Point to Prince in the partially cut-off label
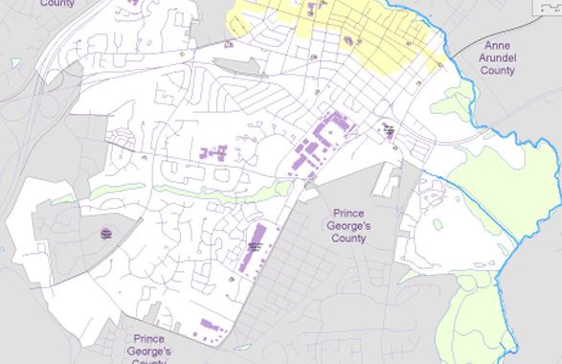tap(148, 339)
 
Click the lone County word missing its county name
tap(57, 4)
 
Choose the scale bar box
tap(549, 5)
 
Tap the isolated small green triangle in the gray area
tap(14, 63)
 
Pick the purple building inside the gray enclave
tap(106, 233)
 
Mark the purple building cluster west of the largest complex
tap(214, 152)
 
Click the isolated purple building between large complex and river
tap(389, 131)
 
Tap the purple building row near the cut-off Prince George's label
tap(210, 327)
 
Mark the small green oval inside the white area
tap(438, 224)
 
